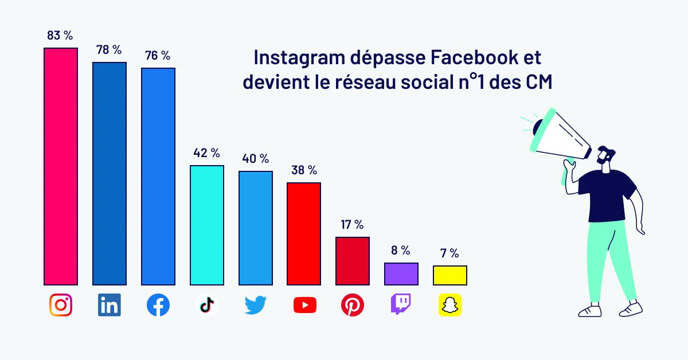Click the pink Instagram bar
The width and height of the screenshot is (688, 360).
(61, 166)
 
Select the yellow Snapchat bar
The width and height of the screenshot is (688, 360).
(449, 275)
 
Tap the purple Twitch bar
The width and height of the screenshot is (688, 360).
(401, 273)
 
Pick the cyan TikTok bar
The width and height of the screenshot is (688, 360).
(206, 225)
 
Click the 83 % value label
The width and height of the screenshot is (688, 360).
(60, 36)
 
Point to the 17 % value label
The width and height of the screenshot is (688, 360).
(352, 225)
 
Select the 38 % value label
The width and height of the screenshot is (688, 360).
(304, 170)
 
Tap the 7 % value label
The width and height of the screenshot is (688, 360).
(449, 253)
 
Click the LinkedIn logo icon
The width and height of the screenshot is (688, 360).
(109, 306)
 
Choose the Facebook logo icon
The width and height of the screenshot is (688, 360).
(158, 306)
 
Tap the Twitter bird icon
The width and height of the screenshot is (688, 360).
(255, 306)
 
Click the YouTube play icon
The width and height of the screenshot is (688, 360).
(304, 306)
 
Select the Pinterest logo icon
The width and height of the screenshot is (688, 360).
(353, 306)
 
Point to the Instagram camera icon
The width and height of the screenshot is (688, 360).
(61, 306)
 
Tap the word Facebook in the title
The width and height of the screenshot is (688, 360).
(468, 58)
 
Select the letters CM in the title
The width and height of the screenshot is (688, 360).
(539, 82)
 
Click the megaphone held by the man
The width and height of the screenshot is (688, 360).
(559, 135)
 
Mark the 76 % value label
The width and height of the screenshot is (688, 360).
(158, 56)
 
